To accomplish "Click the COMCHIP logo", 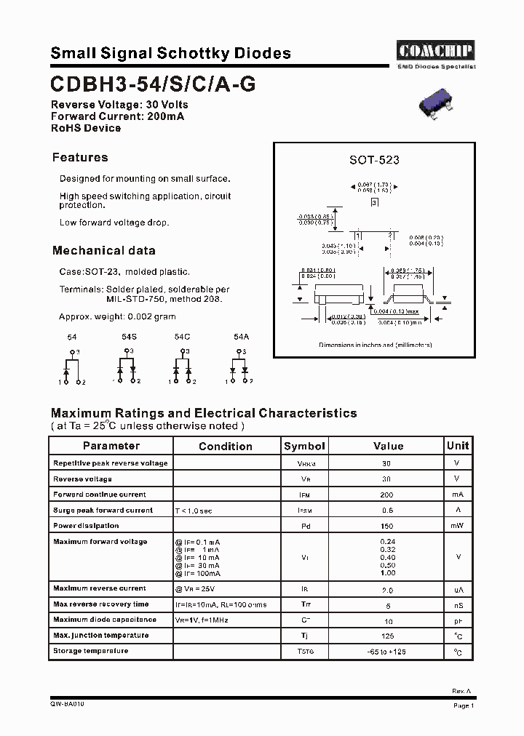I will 435,50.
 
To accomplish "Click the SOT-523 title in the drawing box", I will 374,160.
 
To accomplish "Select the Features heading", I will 80,158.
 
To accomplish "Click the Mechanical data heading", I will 103,251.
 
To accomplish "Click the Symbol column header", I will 304,446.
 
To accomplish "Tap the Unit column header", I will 458,445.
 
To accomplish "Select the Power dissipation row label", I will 86,526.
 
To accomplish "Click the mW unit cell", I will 457,526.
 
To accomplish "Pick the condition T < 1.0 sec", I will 194,511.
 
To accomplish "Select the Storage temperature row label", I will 90,651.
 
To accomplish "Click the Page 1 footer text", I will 464,705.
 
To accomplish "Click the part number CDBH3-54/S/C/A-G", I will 153,84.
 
